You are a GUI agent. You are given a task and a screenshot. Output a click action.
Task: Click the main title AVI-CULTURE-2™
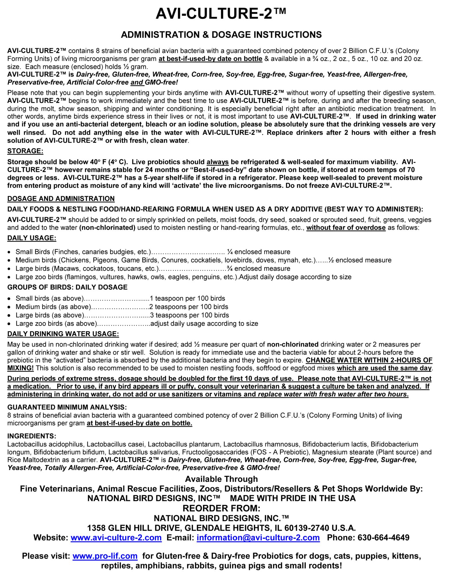point(221,14)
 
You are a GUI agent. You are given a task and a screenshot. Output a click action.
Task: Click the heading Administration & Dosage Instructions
point(221,35)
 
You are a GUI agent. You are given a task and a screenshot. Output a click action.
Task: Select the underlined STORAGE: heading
point(25,151)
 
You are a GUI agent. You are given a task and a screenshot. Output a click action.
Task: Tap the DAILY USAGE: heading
point(32,238)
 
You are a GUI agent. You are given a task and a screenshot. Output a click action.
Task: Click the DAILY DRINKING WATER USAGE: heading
point(63,334)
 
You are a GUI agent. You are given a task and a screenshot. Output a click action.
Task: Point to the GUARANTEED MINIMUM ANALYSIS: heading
point(67,407)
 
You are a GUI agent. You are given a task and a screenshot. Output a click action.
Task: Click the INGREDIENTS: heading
point(32,436)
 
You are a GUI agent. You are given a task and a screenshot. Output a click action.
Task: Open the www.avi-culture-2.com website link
point(116,538)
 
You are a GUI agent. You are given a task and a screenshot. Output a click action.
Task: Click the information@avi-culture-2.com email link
point(258,538)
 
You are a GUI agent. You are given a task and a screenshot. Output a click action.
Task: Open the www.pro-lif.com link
point(105,556)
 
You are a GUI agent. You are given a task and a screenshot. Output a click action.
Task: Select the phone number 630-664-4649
point(383,538)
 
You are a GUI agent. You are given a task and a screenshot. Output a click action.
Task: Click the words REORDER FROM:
point(221,508)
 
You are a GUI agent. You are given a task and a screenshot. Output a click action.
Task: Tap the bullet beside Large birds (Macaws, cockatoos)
point(10,269)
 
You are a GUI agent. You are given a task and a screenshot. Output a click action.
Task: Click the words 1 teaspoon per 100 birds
point(187,298)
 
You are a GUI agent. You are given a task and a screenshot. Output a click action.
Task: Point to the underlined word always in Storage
point(218,162)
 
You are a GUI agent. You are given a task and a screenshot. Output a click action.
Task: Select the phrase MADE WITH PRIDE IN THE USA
point(293,498)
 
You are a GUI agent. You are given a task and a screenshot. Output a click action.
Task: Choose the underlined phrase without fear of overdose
point(346,228)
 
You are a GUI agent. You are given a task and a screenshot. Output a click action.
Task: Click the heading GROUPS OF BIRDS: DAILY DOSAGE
point(67,287)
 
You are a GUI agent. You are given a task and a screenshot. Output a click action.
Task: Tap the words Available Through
point(221,479)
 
